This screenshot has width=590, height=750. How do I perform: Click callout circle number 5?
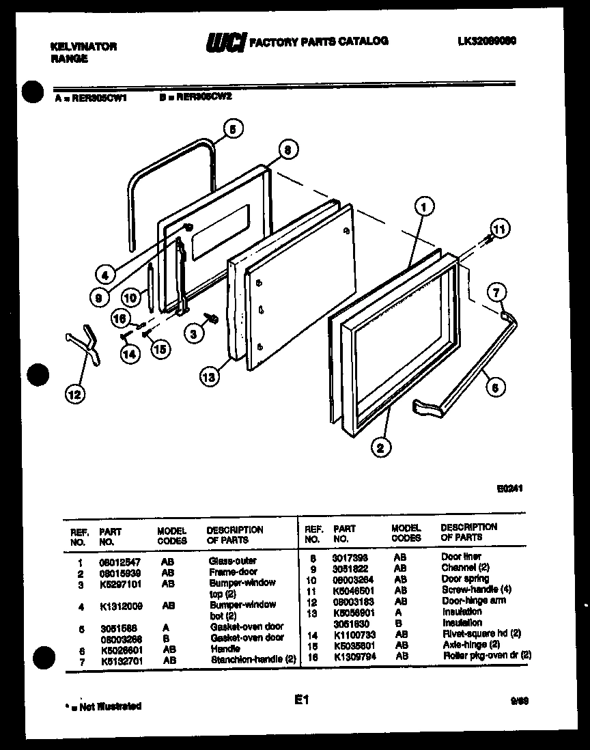233,128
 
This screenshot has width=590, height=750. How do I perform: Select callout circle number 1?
424,204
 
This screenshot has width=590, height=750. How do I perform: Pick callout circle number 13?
210,375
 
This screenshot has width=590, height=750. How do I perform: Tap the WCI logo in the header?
225,43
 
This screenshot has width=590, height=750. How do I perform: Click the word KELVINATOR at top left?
84,46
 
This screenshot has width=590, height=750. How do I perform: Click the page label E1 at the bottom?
303,699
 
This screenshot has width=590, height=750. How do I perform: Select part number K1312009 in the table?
121,605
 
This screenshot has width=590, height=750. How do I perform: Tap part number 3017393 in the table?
350,557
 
